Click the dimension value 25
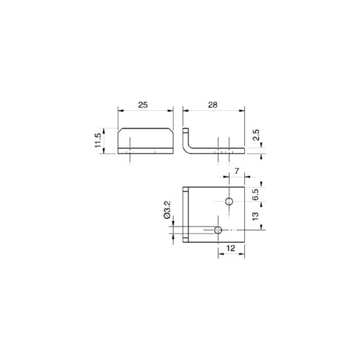(x=143, y=104)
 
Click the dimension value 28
(x=212, y=104)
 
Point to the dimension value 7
(x=236, y=172)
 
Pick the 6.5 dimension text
(x=256, y=194)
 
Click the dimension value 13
(x=256, y=216)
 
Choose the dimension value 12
(x=230, y=249)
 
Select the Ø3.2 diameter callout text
(x=167, y=211)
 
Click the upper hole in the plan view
(x=229, y=203)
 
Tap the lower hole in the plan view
(x=218, y=229)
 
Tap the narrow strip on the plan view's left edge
(x=185, y=215)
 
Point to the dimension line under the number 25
(x=145, y=110)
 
